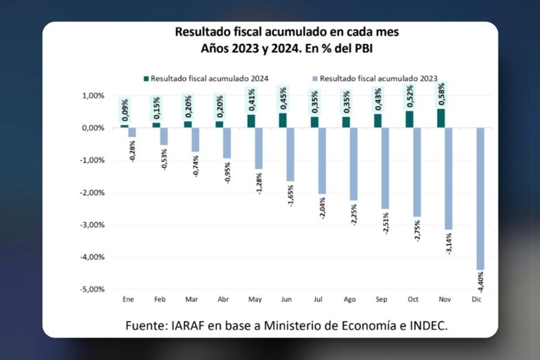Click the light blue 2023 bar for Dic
coord(480,199)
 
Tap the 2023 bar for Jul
coord(322,161)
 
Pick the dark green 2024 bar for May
coord(251,121)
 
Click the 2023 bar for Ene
coord(132,132)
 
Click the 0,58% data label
coord(441,95)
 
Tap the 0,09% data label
coord(125,110)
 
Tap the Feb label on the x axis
coord(160,300)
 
